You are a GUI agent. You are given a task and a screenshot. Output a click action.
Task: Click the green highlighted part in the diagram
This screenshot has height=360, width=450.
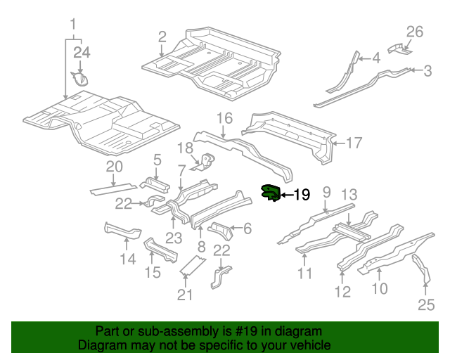270,193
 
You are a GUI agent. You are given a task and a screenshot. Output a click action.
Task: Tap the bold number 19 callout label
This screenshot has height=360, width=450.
301,195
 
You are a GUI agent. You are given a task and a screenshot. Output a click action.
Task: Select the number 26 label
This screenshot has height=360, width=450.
415,31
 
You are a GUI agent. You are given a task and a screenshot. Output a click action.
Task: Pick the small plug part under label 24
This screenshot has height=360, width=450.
82,78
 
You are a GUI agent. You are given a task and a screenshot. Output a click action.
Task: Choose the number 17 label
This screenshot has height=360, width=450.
354,143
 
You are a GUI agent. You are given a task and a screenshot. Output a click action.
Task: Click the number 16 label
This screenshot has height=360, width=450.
224,117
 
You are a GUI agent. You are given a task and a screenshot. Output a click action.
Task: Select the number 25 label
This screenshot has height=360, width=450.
426,304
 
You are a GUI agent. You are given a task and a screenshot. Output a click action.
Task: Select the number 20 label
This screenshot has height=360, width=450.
114,167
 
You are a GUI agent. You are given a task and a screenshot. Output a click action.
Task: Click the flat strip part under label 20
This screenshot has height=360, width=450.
112,188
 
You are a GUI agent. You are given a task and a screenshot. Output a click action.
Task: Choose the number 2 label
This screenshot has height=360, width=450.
162,37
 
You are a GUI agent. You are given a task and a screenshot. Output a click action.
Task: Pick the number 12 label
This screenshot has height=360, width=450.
342,292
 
